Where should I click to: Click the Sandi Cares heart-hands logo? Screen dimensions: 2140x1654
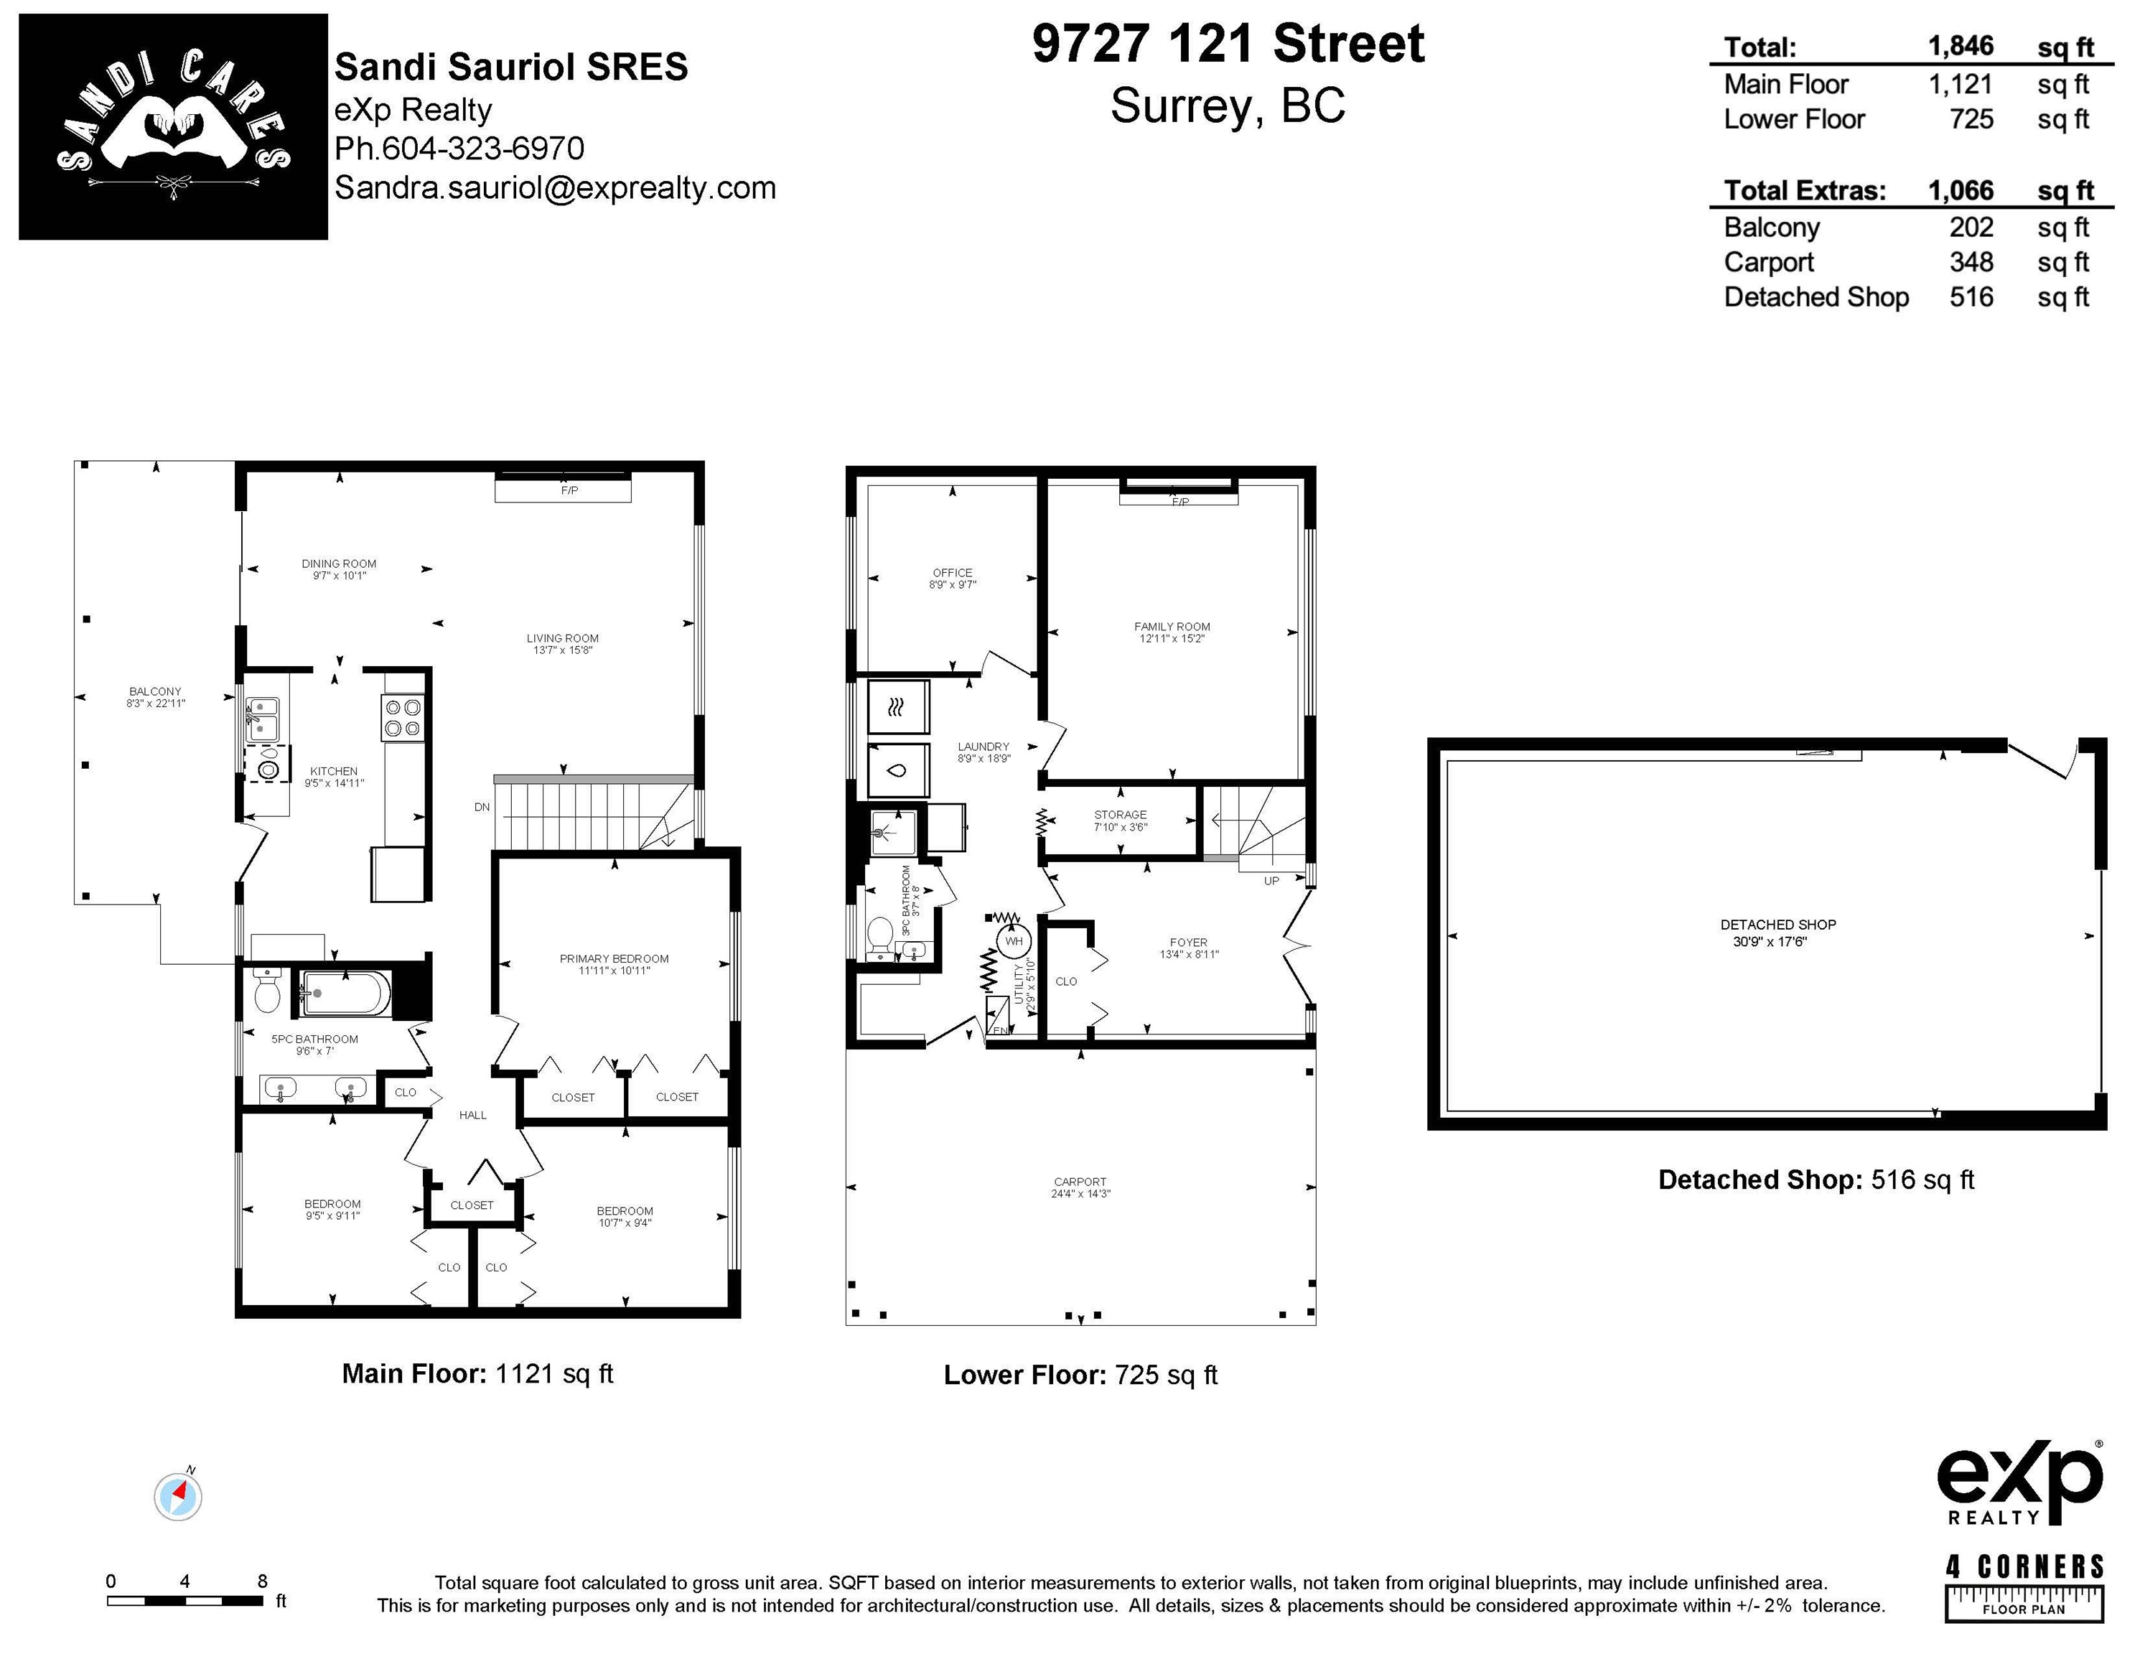(174, 126)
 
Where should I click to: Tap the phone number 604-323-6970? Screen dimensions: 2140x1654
(483, 149)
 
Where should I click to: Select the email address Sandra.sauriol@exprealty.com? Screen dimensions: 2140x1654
(556, 188)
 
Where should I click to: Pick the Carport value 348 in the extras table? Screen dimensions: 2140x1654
(1971, 263)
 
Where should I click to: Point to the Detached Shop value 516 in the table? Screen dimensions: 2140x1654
(1971, 297)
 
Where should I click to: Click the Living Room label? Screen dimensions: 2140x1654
(562, 638)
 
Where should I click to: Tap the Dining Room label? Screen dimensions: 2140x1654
(339, 564)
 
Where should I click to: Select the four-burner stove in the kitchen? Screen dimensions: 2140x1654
(403, 717)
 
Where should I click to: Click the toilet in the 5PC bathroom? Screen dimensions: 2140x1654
(266, 991)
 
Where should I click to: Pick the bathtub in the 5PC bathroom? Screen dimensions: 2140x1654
(345, 994)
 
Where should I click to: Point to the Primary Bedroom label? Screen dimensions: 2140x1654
(615, 958)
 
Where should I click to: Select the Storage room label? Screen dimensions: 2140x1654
(1120, 814)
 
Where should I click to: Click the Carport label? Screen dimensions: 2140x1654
(1080, 1182)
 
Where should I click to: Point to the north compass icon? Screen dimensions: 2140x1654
(178, 1495)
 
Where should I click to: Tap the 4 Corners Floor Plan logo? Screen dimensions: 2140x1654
(2024, 1587)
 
